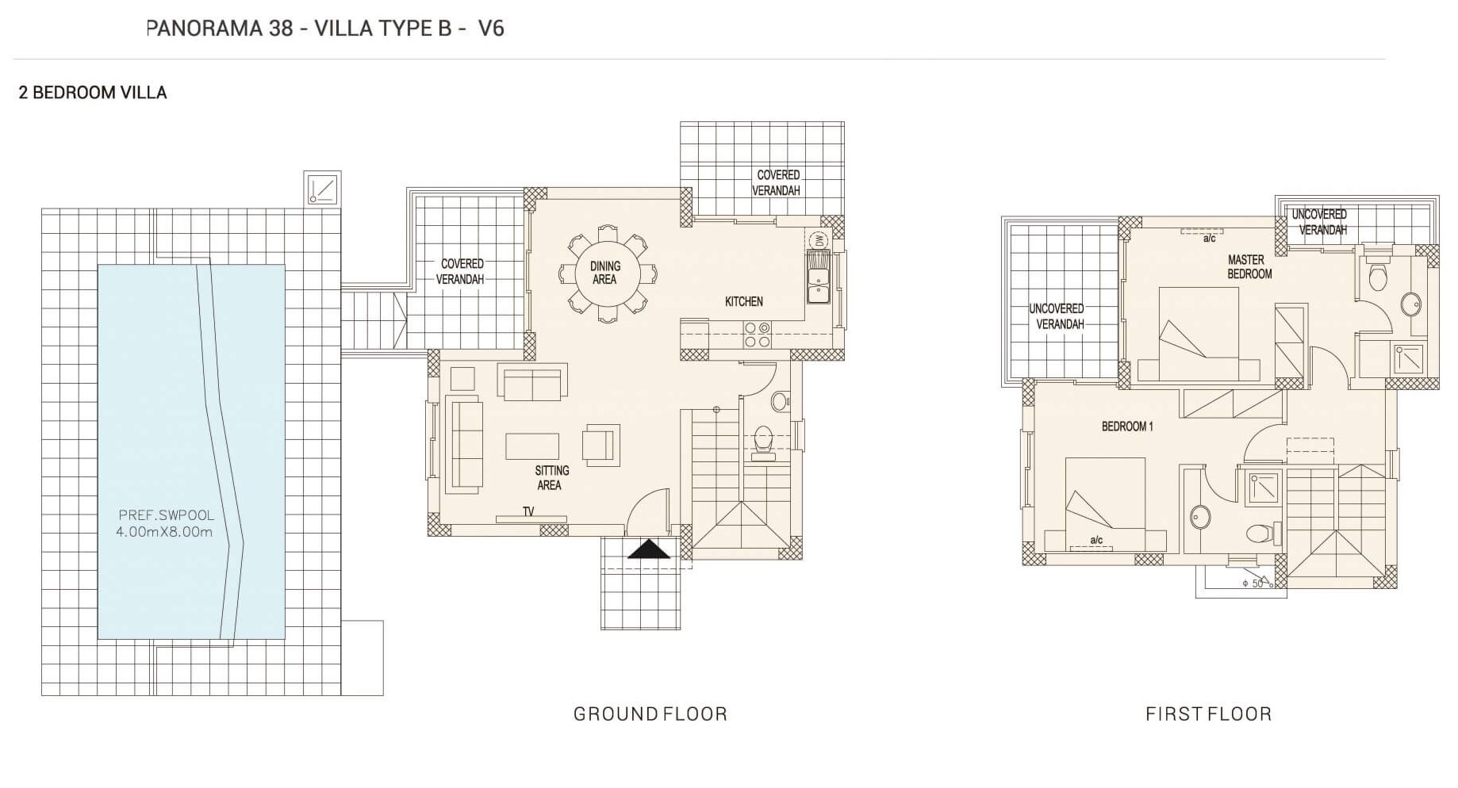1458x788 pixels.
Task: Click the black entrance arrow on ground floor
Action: (649, 549)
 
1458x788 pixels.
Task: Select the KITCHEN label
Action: (743, 301)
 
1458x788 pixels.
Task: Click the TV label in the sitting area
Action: (528, 512)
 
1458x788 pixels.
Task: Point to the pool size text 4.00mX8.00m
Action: (164, 532)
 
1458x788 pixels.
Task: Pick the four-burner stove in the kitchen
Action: (757, 335)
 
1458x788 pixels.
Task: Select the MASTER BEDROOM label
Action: (1249, 266)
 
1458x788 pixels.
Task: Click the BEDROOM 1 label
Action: (1126, 427)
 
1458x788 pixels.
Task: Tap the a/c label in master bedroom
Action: (1209, 239)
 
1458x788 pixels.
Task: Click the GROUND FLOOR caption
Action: (650, 713)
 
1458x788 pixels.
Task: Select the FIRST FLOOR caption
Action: (1208, 713)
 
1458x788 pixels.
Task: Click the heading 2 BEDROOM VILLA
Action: (93, 93)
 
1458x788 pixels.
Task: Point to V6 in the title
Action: (491, 29)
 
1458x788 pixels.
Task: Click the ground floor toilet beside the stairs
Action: (764, 441)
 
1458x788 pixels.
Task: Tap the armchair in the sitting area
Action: (600, 444)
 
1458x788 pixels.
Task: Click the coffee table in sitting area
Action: (532, 446)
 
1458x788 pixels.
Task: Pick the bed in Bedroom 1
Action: (1105, 505)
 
